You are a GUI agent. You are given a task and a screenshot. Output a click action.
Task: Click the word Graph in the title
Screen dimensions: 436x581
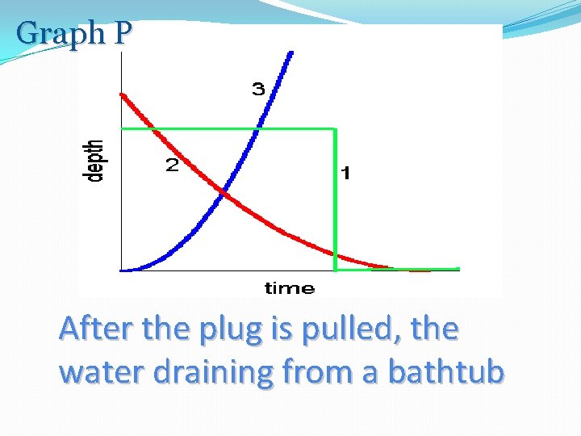tap(61, 33)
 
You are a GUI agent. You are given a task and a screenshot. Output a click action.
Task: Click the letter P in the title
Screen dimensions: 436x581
tap(123, 33)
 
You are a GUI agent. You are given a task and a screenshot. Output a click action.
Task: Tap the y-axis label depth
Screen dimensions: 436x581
tap(95, 161)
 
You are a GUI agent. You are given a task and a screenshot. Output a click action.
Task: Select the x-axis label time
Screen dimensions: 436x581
tap(289, 287)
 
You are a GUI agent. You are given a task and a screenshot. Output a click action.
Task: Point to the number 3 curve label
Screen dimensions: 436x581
tap(258, 89)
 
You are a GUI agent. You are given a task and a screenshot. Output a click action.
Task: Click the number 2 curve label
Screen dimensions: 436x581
tap(172, 166)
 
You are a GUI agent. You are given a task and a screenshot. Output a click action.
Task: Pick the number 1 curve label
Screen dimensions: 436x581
tap(345, 173)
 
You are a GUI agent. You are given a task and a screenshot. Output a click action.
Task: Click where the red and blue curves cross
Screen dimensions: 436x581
tap(225, 194)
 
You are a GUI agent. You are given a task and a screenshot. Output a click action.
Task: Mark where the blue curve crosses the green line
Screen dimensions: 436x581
tap(258, 128)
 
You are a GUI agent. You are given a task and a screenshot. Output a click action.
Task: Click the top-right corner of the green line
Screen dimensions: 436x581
tap(335, 128)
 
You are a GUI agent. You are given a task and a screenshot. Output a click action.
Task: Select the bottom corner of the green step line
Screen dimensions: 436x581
tap(335, 269)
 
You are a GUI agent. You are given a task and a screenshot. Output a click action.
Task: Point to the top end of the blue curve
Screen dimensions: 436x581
tap(291, 53)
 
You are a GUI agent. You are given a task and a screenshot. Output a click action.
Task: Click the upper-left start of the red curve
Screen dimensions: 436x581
tap(122, 94)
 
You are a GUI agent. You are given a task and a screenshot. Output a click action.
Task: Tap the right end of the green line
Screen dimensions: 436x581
tap(458, 269)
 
